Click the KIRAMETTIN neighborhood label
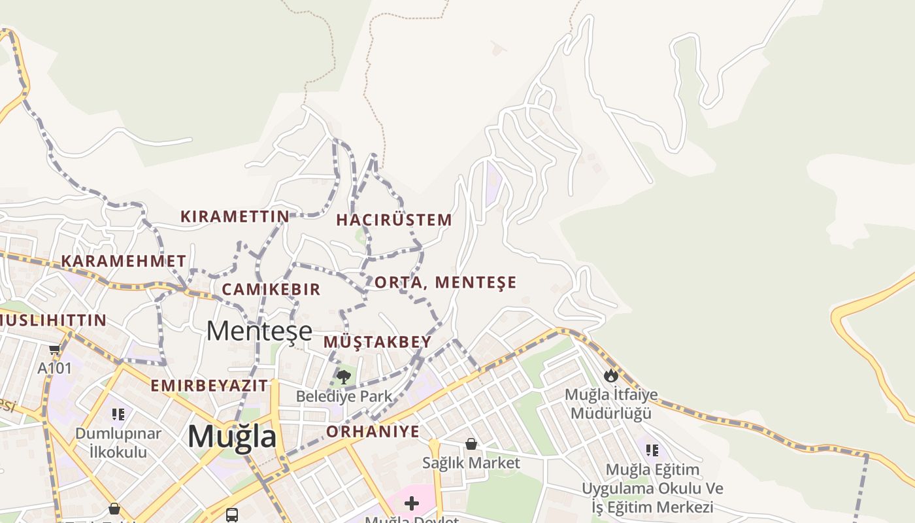coord(235,216)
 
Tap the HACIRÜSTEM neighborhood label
coord(394,220)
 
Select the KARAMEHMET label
coord(124,261)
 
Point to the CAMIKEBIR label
coord(271,289)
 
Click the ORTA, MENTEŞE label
coord(445,282)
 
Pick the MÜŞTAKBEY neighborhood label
coord(378,342)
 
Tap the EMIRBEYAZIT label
coord(209,385)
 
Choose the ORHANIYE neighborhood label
coord(373,431)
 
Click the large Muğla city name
coord(232,436)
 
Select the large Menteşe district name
coord(259,331)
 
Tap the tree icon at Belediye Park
coord(344,377)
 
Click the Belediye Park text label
coord(344,396)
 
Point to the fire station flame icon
coord(611,375)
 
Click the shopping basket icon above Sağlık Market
coord(471,445)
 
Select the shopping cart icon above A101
coord(54,350)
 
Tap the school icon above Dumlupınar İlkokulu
coord(118,414)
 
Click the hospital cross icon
coord(412,503)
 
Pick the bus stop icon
coord(232,515)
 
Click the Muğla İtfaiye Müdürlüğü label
coord(611,404)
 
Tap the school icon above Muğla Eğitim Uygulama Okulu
coord(652,450)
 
